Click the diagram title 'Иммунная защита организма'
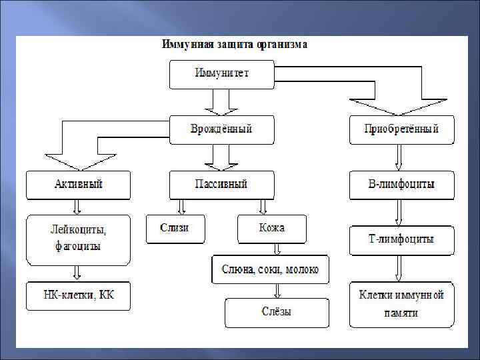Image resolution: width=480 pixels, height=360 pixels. point(234,45)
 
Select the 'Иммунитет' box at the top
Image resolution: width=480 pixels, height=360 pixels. point(221,74)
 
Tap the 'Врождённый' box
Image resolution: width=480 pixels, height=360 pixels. point(221,129)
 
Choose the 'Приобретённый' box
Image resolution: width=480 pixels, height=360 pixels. point(401,129)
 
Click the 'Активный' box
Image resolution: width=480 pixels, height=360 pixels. point(79,185)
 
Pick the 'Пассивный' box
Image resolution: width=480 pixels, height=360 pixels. point(221,185)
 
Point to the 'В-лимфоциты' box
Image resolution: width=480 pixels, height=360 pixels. point(401,185)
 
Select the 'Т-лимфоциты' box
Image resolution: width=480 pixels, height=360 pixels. point(401,240)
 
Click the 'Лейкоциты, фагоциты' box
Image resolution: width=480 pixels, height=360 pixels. point(79,239)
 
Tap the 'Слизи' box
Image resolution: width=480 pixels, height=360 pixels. point(175,229)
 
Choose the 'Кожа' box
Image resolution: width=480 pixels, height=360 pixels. point(272,229)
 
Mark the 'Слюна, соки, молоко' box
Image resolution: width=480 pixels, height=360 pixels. point(271,269)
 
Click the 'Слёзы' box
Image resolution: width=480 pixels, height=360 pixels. point(277,312)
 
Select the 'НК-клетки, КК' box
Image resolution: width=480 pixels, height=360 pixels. point(79,296)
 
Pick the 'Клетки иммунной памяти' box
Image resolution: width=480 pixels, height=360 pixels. point(401,303)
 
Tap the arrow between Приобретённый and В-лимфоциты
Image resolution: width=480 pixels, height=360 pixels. point(399,158)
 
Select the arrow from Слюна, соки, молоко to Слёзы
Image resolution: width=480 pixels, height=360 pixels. point(275,291)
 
